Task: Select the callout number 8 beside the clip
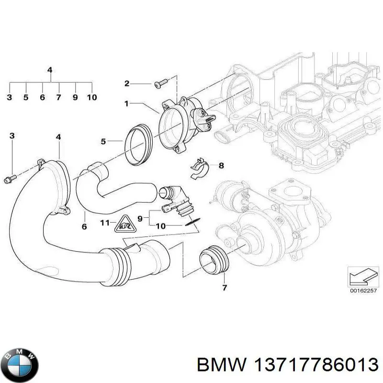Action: (x=221, y=166)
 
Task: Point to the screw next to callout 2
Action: (x=159, y=85)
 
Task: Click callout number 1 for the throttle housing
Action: (x=126, y=103)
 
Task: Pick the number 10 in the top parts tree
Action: (x=92, y=97)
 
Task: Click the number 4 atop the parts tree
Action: (x=50, y=70)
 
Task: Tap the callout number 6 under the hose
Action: (x=84, y=226)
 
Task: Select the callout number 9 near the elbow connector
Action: (x=140, y=218)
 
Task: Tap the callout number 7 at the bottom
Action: (x=225, y=288)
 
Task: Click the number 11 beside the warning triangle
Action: (x=105, y=223)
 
